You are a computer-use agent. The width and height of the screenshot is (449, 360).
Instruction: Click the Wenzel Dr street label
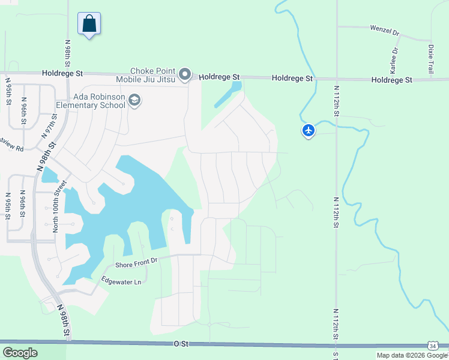(x=385, y=30)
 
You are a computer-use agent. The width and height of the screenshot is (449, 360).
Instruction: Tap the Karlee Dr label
(x=394, y=62)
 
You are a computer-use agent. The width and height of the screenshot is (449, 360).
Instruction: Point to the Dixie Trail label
(x=431, y=59)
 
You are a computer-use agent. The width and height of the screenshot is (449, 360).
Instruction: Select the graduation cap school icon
(x=134, y=100)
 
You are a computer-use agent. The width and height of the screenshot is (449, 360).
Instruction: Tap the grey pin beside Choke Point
(x=185, y=75)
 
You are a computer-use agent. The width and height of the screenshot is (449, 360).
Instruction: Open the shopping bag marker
(x=89, y=25)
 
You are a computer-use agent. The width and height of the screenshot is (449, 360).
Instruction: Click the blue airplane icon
(x=309, y=130)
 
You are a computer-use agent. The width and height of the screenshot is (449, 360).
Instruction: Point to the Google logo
(x=20, y=353)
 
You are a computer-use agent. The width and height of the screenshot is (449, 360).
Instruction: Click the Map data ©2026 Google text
(x=412, y=355)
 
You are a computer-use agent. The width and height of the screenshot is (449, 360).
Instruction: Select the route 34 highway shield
(x=432, y=345)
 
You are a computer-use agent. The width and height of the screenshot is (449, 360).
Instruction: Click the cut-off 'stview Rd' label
(x=11, y=147)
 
